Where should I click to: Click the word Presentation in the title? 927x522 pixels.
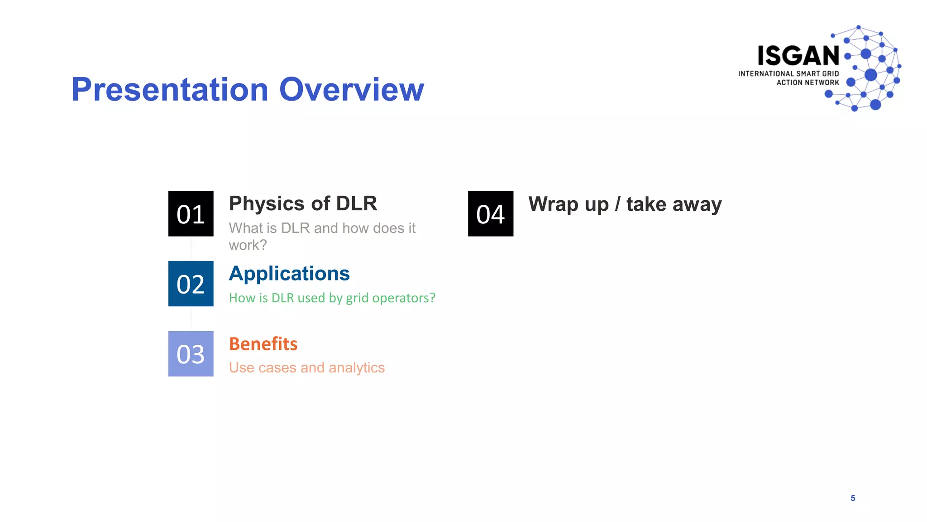point(170,89)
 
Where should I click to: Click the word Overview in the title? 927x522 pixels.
point(352,89)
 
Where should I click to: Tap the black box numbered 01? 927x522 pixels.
point(191,214)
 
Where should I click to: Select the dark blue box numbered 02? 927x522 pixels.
point(191,284)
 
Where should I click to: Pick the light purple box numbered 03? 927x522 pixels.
point(191,354)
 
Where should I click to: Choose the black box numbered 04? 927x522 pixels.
point(490,214)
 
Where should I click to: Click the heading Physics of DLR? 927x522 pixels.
point(303,203)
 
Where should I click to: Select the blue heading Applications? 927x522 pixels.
point(289,274)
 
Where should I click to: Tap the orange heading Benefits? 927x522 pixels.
point(263,344)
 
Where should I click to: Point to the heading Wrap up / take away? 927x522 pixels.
point(625,204)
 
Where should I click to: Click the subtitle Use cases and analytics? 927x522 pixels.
point(306,367)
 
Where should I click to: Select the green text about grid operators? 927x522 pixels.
point(332,298)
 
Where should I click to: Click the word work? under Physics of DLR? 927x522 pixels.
point(248,245)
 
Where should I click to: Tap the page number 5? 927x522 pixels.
point(853,498)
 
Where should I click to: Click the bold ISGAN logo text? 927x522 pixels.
point(798,56)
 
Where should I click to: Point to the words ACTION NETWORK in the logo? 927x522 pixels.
point(808,82)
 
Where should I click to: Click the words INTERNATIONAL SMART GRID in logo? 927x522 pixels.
point(788,73)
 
